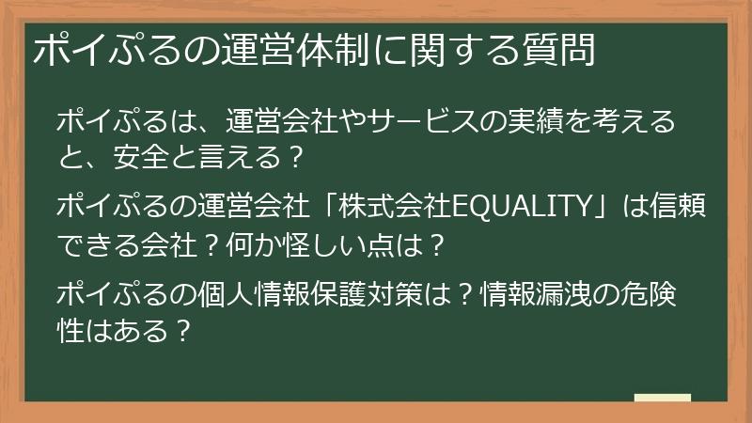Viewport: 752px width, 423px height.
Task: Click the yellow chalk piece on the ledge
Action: click(x=662, y=399)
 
